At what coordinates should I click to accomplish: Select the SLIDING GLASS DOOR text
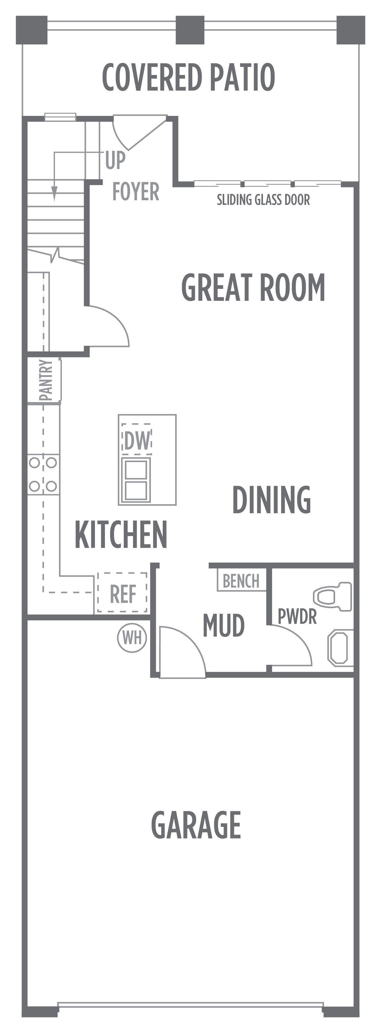point(263,200)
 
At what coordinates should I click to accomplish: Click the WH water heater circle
point(132,638)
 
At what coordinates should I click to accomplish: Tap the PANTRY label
point(47,380)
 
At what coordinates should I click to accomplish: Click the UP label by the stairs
point(116,161)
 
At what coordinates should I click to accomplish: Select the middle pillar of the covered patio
point(190,30)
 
